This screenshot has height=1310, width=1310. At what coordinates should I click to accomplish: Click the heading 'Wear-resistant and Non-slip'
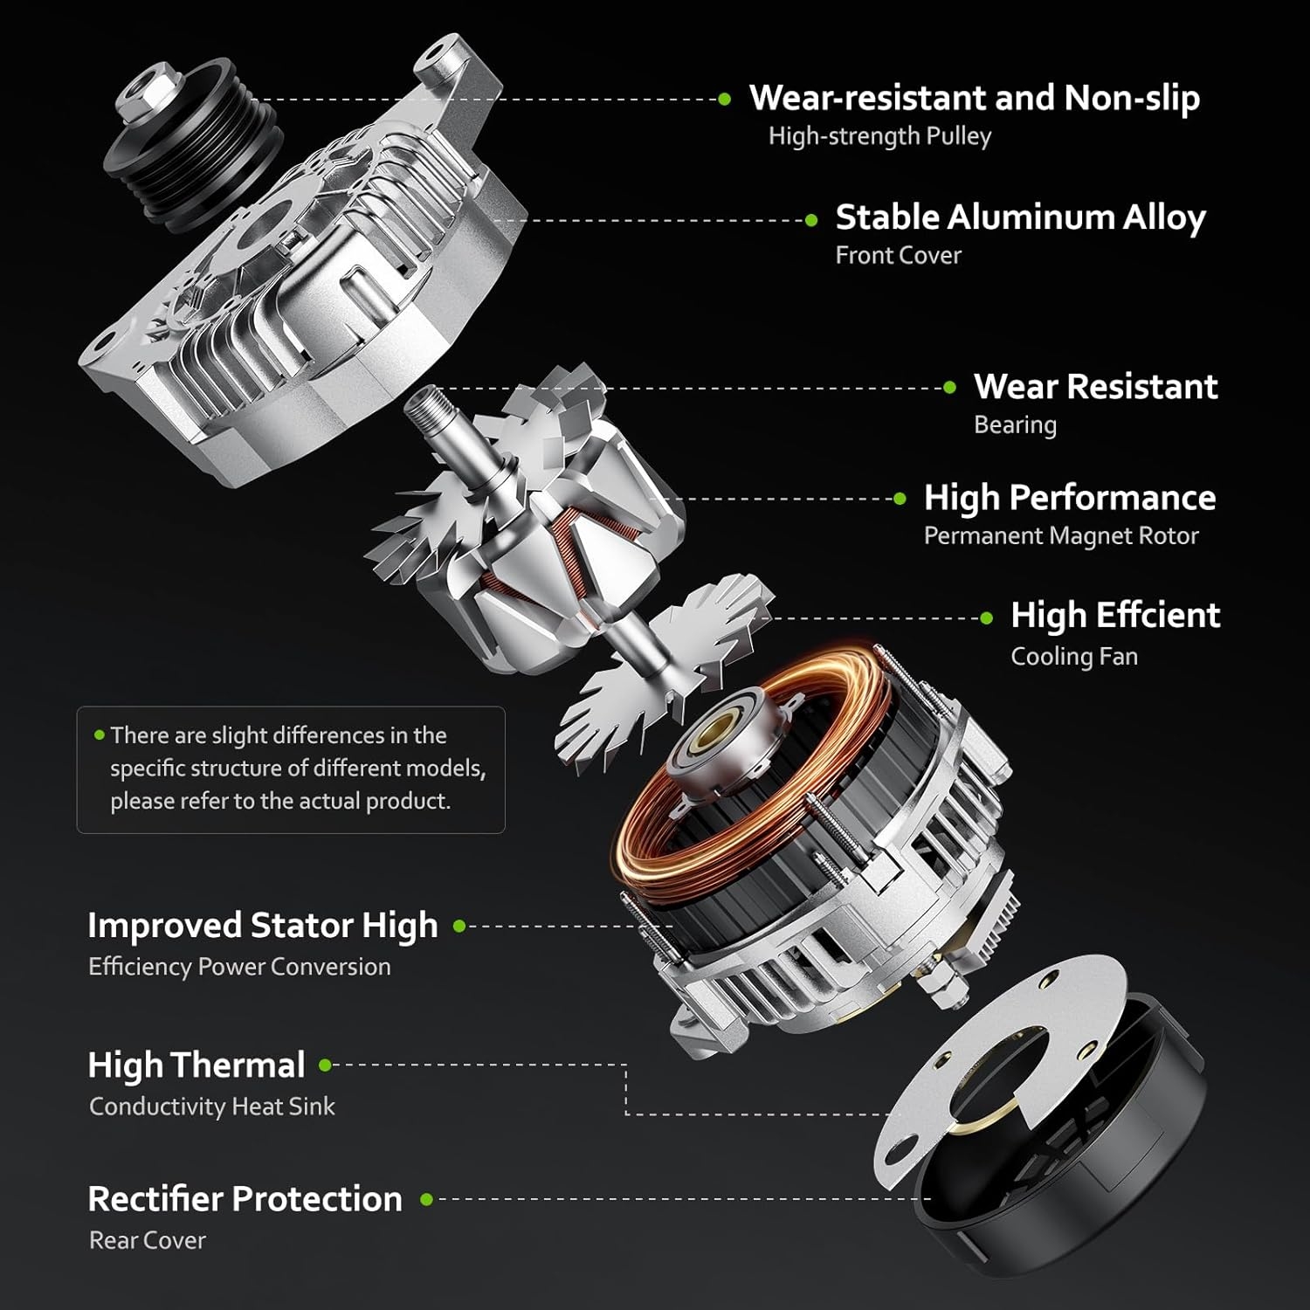(974, 98)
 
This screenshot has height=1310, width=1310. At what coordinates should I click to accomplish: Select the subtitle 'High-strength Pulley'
(879, 136)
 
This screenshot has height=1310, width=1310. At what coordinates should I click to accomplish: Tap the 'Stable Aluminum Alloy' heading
(1020, 217)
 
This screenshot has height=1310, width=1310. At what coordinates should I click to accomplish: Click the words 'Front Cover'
(898, 255)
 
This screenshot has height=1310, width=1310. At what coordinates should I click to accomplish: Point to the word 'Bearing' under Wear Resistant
(1015, 425)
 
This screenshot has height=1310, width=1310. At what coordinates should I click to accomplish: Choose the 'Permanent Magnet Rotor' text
(1060, 535)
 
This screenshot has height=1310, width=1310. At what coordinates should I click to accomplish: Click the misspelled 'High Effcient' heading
(1114, 616)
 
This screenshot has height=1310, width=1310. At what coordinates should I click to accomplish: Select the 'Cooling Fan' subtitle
(1073, 656)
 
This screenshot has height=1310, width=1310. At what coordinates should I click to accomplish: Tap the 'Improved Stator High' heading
(262, 926)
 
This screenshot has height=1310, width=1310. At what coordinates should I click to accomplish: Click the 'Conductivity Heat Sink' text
(211, 1107)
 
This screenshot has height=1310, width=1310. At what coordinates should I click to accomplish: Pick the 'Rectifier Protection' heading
(245, 1199)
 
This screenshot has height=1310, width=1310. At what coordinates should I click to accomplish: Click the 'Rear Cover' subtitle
(147, 1240)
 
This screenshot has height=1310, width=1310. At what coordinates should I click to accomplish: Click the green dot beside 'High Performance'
(900, 499)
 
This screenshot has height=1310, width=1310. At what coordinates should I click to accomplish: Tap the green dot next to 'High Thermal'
(325, 1065)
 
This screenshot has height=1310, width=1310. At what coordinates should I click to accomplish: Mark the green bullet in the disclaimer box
(100, 735)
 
